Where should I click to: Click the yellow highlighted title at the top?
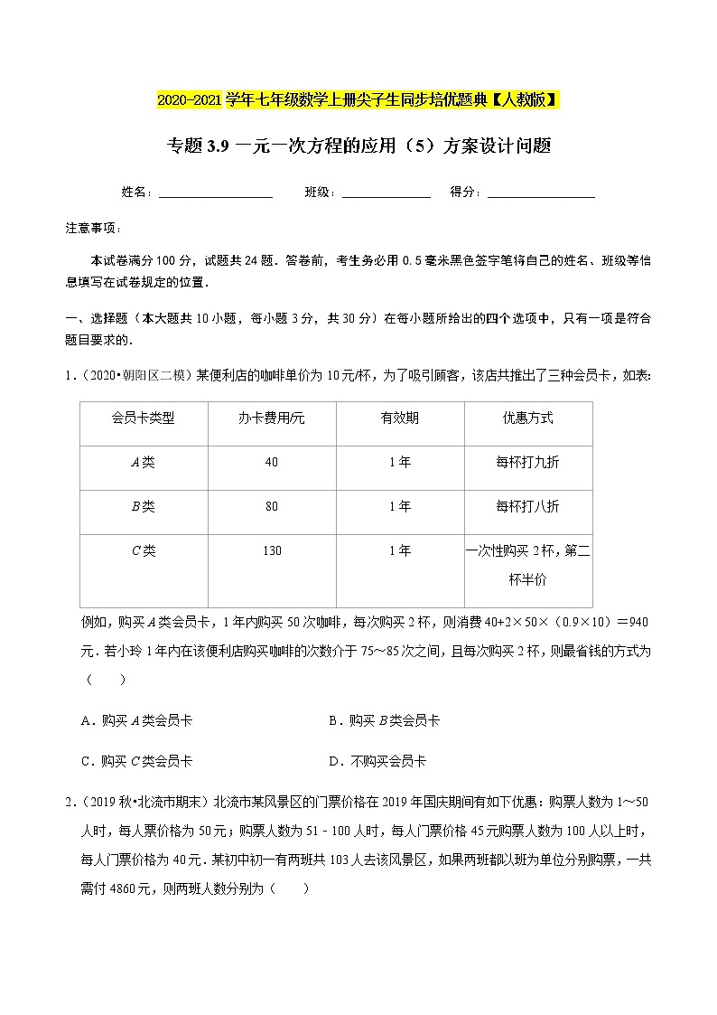coord(358,99)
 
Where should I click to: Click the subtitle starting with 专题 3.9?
coord(358,146)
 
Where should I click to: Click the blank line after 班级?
coord(386,193)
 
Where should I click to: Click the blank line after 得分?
coord(541,193)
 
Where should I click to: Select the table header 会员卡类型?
coord(143,418)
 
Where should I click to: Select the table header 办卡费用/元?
coord(272,418)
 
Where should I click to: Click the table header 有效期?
coord(400,418)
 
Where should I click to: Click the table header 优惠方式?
coord(528,418)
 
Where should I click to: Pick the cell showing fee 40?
coord(272,462)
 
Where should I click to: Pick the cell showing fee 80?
coord(272,506)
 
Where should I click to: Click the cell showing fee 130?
coord(272,550)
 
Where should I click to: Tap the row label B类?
coord(143,506)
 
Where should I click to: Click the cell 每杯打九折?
coord(528,462)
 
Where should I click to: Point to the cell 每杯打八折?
coord(528,506)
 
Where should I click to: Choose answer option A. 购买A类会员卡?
coord(136,720)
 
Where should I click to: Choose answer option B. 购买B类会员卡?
coord(385,720)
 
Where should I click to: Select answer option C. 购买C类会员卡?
coord(136,761)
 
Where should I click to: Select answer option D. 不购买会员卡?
coord(377,761)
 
